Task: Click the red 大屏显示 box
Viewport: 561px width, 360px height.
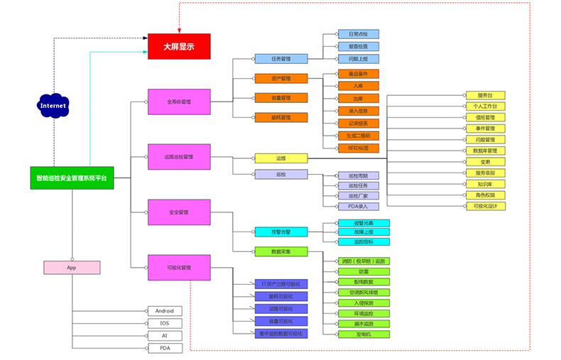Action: click(179, 46)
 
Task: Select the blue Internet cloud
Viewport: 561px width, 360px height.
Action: click(53, 106)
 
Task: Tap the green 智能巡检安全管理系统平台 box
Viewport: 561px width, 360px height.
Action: click(72, 178)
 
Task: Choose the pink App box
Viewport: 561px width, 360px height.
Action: click(72, 268)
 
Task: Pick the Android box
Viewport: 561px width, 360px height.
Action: click(165, 311)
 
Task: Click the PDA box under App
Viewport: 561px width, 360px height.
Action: click(165, 348)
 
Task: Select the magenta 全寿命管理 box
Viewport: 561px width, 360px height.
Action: click(179, 102)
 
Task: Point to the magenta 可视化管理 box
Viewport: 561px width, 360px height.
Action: click(179, 267)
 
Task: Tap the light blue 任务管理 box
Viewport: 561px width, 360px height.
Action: click(280, 58)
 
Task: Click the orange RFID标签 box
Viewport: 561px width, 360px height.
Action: click(359, 148)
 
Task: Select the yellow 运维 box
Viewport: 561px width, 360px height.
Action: click(280, 158)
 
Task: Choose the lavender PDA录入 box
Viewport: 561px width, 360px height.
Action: click(359, 206)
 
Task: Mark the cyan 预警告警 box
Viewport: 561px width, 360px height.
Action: click(280, 231)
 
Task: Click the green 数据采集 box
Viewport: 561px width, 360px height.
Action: click(280, 251)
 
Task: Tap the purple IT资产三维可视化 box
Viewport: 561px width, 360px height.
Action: click(280, 284)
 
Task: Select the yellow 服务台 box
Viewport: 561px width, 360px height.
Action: click(486, 95)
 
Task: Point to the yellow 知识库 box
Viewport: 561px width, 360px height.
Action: click(486, 184)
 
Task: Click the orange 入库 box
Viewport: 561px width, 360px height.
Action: click(359, 86)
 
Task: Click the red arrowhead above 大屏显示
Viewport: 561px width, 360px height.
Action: click(179, 31)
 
